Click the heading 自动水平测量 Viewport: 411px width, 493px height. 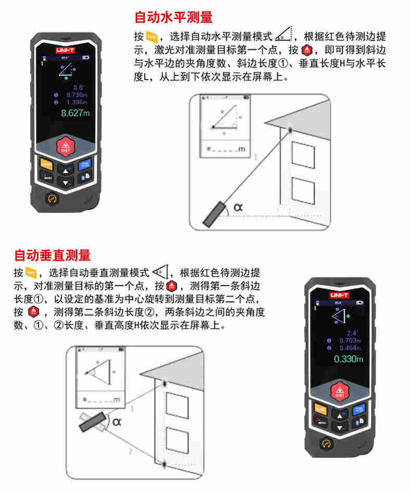tap(173, 18)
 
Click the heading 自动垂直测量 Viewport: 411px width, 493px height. tap(52, 255)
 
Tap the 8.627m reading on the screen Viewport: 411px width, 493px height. tap(75, 113)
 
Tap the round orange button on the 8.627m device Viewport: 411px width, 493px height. tap(52, 199)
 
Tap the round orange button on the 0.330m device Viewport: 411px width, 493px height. tap(327, 444)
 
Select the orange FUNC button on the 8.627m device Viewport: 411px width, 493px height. tap(46, 164)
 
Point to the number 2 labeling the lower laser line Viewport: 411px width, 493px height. tap(131, 451)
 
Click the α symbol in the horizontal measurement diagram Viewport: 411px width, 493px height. tap(238, 206)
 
